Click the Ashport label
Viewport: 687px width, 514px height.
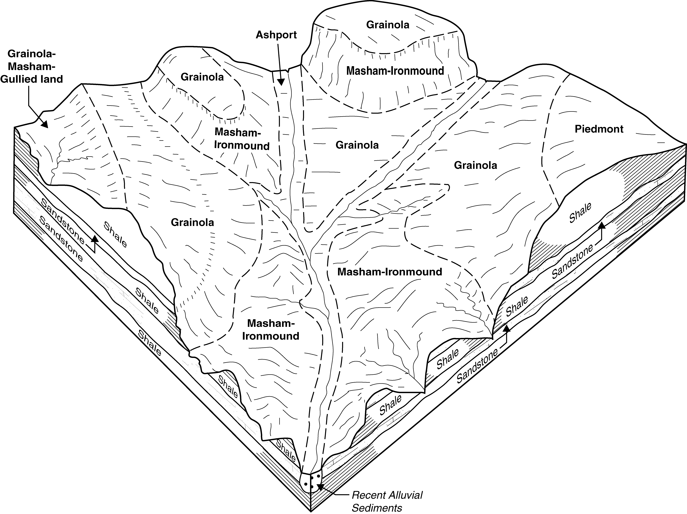pyautogui.click(x=276, y=35)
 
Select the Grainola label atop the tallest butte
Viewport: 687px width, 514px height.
pyautogui.click(x=388, y=25)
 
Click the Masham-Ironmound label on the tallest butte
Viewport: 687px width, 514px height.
pyautogui.click(x=395, y=71)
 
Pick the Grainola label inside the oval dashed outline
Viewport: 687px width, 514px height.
pyautogui.click(x=202, y=77)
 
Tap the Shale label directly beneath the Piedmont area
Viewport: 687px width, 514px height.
pyautogui.click(x=580, y=213)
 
